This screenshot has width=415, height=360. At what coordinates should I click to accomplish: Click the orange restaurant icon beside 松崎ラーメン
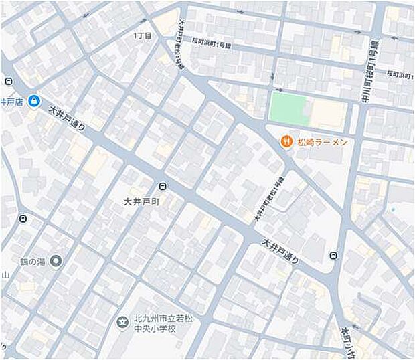285,141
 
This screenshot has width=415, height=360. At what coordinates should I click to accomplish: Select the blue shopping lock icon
34,102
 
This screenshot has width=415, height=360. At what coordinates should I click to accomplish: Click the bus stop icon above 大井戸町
162,187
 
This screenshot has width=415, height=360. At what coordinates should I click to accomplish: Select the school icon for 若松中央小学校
122,323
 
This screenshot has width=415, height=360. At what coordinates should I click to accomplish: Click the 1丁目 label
143,35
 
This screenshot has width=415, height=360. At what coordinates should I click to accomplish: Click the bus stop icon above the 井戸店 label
7,82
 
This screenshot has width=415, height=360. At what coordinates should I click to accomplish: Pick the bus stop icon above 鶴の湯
23,219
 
